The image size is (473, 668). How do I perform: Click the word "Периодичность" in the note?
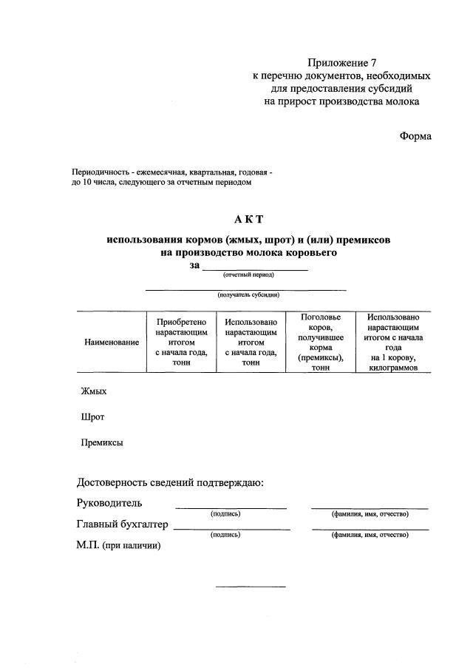[x=98, y=172]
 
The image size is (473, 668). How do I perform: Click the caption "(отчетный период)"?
[x=248, y=275]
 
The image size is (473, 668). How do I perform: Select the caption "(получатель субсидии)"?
[x=248, y=295]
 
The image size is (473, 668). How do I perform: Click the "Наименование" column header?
[x=112, y=343]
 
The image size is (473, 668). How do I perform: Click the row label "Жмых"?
[x=94, y=391]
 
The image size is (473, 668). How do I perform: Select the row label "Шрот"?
[x=92, y=417]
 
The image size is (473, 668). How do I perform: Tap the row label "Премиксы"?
[x=102, y=443]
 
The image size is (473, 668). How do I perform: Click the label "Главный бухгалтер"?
[x=123, y=524]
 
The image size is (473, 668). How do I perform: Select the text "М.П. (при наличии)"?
[x=118, y=545]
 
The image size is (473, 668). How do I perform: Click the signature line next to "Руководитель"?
[x=231, y=507]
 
